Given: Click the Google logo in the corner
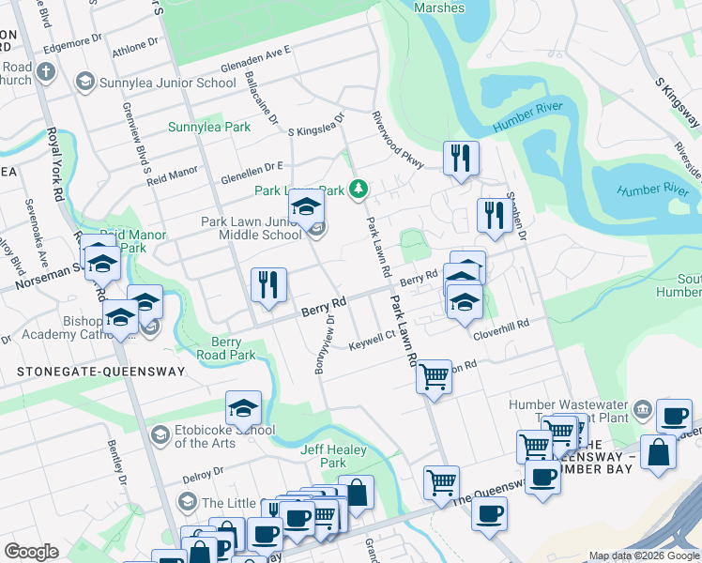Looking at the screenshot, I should coord(31,552).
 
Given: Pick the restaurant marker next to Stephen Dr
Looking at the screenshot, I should coord(492,216).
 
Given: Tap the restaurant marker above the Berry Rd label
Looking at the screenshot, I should coord(268,285).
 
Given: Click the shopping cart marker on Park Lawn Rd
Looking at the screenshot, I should coord(433,377).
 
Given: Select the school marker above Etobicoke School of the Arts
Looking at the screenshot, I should coord(243,409).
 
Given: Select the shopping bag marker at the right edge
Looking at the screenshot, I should coord(659,451).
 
